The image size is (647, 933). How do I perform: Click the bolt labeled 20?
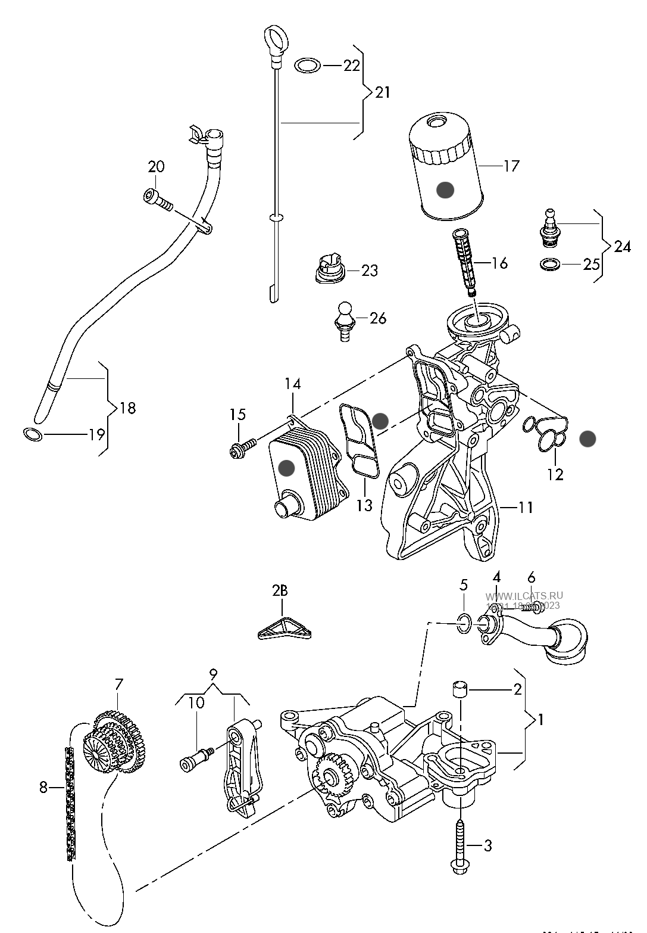tap(157, 201)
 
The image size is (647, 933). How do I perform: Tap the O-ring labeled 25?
tap(551, 264)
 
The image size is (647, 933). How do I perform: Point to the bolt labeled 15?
tap(241, 447)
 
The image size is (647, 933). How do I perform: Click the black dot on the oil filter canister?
tap(445, 190)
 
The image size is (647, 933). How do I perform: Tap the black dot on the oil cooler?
tap(286, 468)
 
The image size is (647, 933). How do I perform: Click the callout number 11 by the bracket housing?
tap(526, 507)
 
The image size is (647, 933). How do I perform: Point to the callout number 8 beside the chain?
tap(43, 787)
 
